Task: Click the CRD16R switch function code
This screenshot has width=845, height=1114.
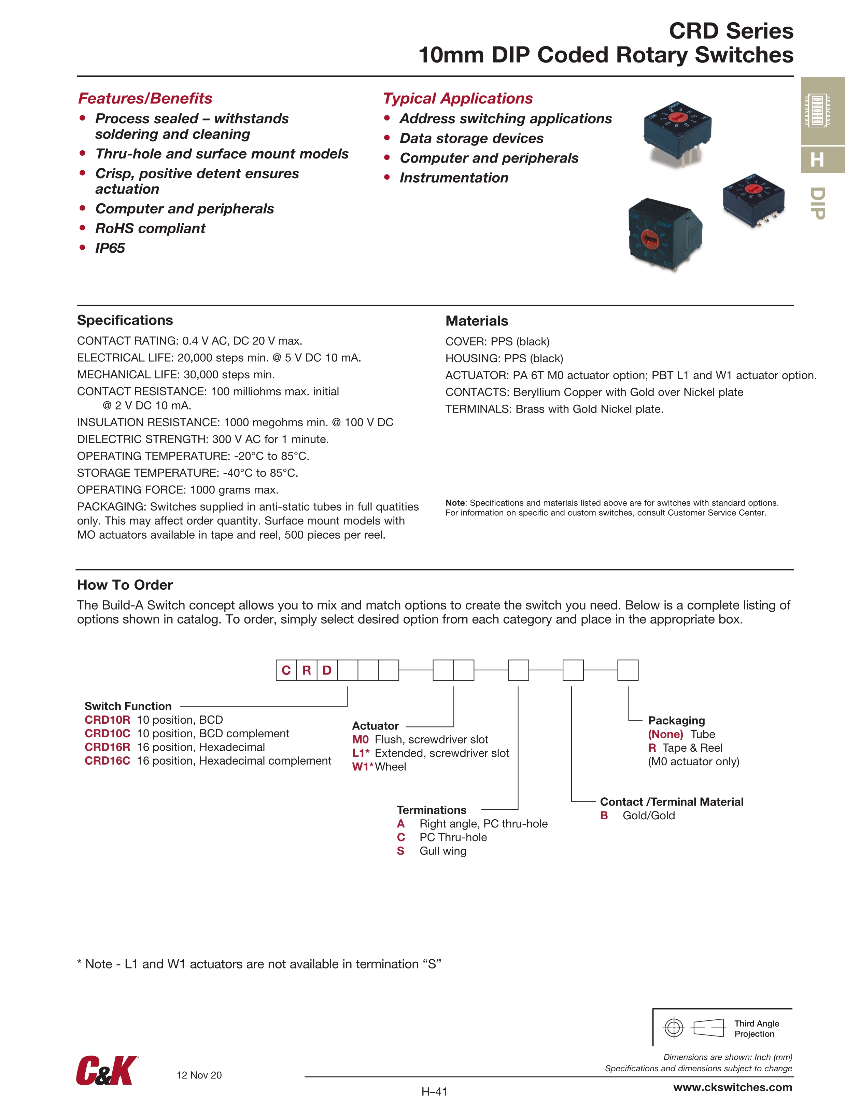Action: (x=107, y=747)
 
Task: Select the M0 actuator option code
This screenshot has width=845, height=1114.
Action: (x=360, y=739)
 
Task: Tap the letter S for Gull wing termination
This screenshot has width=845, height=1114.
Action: (x=400, y=851)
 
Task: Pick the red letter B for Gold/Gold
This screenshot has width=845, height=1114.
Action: (x=604, y=816)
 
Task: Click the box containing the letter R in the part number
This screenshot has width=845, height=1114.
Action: (x=307, y=670)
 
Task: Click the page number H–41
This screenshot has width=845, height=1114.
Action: (x=434, y=1091)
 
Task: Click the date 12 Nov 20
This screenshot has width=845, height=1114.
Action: (x=199, y=1075)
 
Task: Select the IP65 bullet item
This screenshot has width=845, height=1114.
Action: (x=110, y=248)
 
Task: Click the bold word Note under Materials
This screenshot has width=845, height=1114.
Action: (x=455, y=503)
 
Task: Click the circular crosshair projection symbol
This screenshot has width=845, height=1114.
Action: (x=674, y=1028)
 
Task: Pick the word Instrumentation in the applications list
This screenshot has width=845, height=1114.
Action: (x=454, y=178)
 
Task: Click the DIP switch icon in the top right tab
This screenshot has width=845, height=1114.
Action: (x=817, y=110)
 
